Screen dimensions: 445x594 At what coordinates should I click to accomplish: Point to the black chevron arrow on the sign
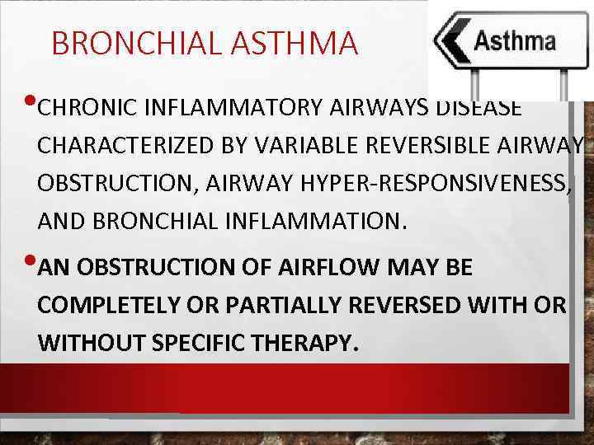point(451,42)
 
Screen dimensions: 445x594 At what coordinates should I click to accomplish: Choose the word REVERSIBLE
point(404,146)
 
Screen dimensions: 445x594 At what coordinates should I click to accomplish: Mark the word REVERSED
point(408,306)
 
